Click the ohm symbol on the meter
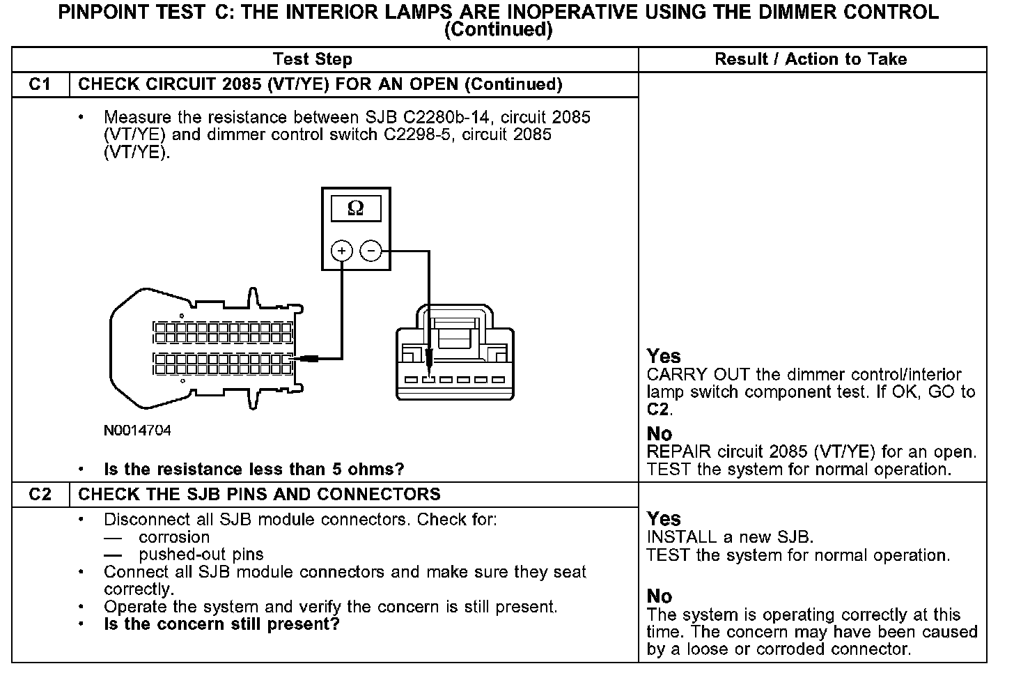[355, 208]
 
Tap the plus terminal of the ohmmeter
[342, 251]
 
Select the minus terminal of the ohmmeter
[371, 251]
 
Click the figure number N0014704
[137, 431]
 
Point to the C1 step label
[40, 84]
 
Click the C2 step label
[40, 494]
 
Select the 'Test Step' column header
[313, 59]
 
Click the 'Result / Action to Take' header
[811, 59]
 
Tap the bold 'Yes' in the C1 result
[664, 356]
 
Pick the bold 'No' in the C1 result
[660, 434]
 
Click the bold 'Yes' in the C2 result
[664, 518]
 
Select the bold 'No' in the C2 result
[660, 596]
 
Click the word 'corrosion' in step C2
[174, 537]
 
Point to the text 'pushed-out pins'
[201, 555]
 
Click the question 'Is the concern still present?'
[221, 624]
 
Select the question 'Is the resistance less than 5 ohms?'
[253, 469]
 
